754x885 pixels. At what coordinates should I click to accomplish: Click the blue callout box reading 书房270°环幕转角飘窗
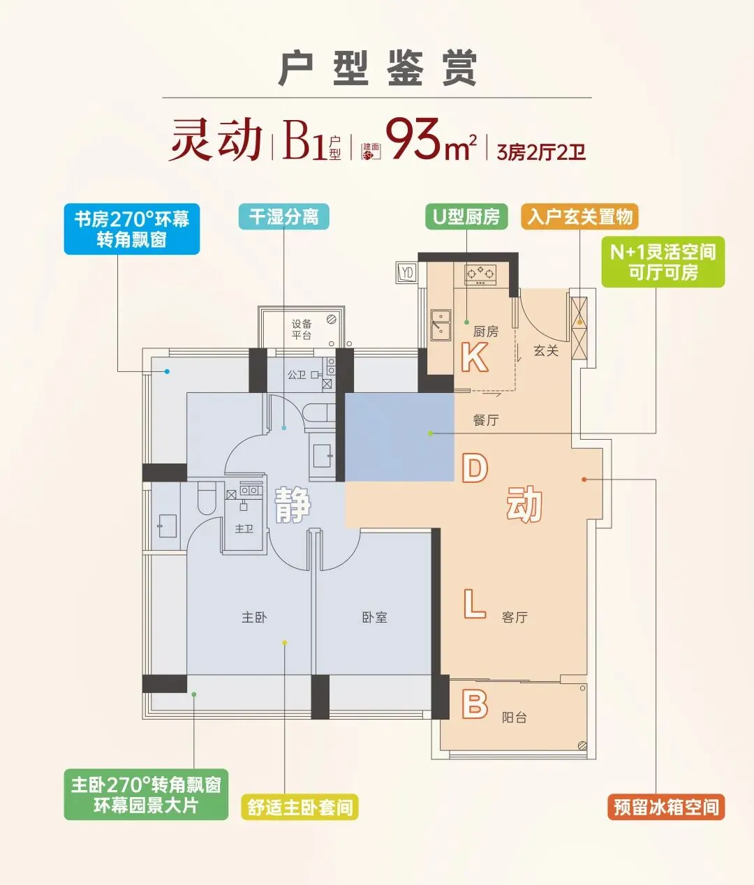point(131,229)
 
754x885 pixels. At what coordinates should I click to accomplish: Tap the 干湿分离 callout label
point(283,216)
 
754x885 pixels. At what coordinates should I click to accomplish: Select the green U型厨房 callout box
point(466,216)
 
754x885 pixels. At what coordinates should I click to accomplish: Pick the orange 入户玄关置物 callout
point(579,216)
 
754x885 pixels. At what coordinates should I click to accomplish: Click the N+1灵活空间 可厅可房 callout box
point(663,262)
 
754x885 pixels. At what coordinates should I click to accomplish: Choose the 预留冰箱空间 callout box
point(666,807)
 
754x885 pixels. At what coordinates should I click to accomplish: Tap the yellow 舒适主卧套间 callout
point(300,807)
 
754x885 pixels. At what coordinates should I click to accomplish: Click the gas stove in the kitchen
point(480,275)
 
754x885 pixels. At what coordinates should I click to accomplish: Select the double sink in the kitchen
point(441,325)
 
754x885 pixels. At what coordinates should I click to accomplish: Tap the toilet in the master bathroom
point(207,498)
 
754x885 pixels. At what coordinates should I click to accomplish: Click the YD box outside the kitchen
point(406,272)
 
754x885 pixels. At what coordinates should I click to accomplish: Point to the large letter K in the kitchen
point(475,357)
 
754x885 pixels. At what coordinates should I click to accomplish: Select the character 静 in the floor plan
point(293,505)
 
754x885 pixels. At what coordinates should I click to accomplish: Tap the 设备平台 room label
point(302,329)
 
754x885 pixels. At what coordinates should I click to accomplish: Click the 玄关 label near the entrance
point(546,350)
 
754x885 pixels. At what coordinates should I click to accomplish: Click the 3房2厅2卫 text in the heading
point(540,151)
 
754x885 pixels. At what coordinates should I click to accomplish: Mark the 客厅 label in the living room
point(515,617)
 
